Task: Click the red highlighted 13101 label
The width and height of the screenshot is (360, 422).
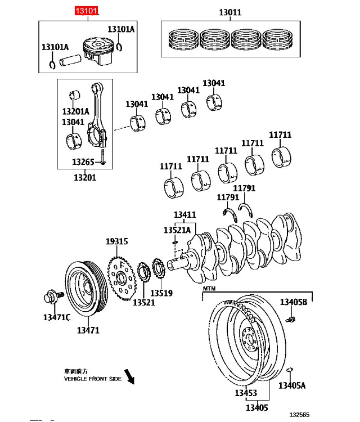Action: coord(87,11)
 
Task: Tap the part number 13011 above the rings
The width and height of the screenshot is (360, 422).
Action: coord(230,12)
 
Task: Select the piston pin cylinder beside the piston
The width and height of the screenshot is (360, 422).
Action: coord(70,61)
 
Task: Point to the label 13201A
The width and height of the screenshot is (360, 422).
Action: coord(75,111)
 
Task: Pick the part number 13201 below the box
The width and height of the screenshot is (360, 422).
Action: coord(85,178)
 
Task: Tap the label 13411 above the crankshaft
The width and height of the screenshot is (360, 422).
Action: coord(185,215)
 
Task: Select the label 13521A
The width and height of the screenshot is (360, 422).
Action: coord(177,230)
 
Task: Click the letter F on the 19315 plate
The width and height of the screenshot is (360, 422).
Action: coord(123,265)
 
